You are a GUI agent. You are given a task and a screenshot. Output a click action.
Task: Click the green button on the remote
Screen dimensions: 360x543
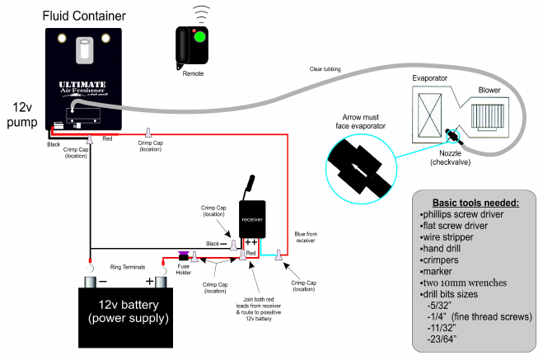[x=199, y=36]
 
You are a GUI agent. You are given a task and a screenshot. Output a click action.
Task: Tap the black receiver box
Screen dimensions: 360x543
[x=252, y=219]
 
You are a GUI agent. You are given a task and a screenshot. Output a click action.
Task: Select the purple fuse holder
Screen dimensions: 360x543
[x=184, y=255]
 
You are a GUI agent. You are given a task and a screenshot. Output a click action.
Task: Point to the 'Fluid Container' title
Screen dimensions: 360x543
[x=86, y=15]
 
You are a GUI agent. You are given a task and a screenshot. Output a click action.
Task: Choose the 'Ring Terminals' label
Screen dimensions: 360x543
[x=128, y=266]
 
